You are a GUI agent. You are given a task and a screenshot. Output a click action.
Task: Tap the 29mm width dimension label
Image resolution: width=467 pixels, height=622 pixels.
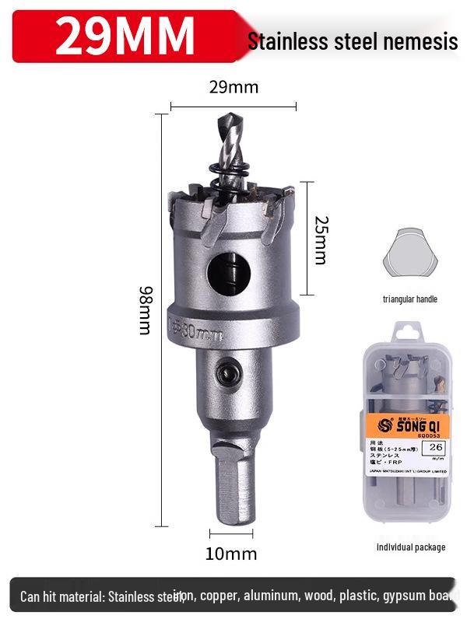[233, 87]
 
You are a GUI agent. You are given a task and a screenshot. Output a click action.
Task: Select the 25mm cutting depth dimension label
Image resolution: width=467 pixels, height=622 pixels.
[319, 239]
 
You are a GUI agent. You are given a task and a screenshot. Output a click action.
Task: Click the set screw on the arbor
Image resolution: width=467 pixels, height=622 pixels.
[230, 375]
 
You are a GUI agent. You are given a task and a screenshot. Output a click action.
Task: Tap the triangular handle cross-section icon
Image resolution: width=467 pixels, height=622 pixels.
[409, 254]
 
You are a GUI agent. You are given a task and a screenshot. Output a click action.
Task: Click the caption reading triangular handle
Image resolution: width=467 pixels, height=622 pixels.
[409, 299]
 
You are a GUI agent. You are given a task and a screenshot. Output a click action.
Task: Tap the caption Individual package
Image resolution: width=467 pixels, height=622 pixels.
[410, 547]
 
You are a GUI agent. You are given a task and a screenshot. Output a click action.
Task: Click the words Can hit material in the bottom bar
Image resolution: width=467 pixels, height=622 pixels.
[62, 597]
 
